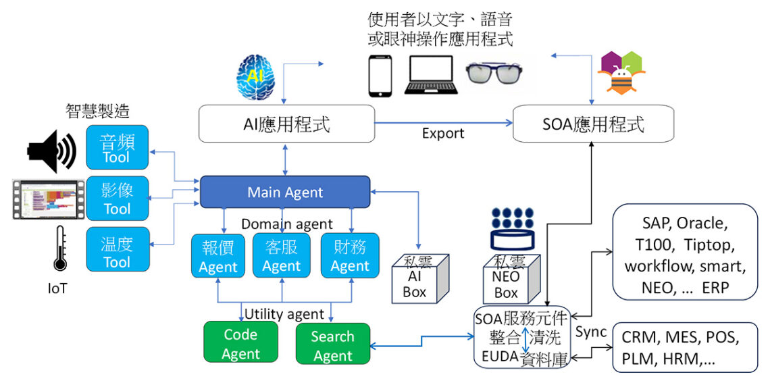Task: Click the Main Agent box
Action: [285, 192]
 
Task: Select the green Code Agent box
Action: [240, 344]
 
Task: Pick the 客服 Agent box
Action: [282, 255]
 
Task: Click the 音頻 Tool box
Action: [117, 147]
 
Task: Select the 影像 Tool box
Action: [117, 199]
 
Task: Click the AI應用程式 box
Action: [286, 124]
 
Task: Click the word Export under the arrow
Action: [443, 133]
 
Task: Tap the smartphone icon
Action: [380, 76]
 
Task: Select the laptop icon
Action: [431, 75]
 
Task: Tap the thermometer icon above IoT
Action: [60, 249]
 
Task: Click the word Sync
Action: [591, 332]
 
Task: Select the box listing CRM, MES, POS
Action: [686, 347]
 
